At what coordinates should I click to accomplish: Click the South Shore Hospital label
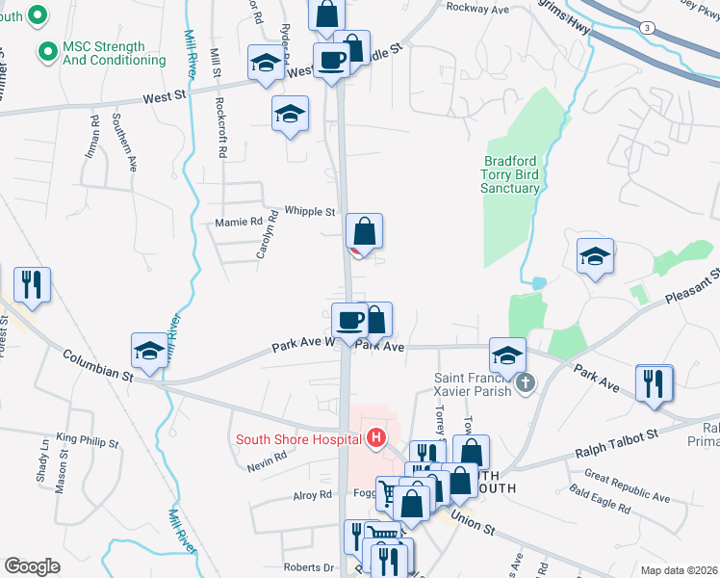click(298, 440)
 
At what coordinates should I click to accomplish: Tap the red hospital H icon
click(376, 440)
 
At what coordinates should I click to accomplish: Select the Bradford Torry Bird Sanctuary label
click(510, 174)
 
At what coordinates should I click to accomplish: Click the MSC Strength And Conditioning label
click(115, 53)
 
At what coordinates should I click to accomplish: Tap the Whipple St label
click(309, 211)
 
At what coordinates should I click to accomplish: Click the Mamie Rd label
click(244, 221)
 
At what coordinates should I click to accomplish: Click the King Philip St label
click(88, 441)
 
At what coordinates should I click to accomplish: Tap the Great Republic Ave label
click(627, 486)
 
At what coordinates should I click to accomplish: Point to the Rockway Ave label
click(476, 8)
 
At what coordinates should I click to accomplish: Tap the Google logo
click(32, 566)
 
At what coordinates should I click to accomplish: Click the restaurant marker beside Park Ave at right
click(655, 382)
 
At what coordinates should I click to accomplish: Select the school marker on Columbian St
click(149, 353)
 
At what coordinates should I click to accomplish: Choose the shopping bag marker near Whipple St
click(365, 232)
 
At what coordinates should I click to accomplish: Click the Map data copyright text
click(678, 570)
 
